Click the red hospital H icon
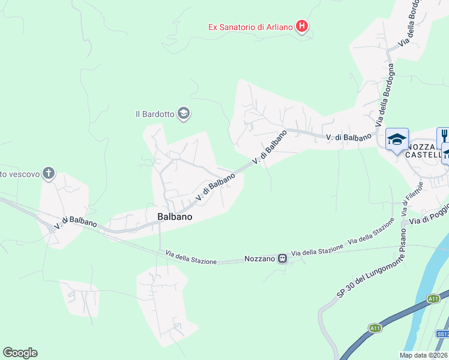tap(303, 26)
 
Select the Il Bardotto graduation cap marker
tap(184, 113)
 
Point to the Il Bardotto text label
tap(154, 113)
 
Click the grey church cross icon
tap(49, 175)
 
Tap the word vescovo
tap(23, 175)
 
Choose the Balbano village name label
tap(175, 217)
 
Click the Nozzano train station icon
tap(281, 259)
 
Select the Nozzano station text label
tap(259, 259)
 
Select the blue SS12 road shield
tap(442, 334)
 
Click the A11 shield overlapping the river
tap(433, 298)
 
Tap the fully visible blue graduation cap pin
tap(396, 140)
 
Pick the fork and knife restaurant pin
tap(444, 136)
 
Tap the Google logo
tap(20, 353)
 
